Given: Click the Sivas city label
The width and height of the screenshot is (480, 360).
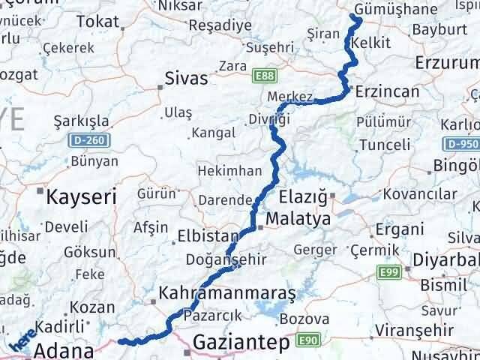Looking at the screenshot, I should click(185, 77).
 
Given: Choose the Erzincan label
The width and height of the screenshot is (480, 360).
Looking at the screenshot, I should click(387, 91).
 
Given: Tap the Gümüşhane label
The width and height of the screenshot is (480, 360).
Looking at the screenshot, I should click(387, 9).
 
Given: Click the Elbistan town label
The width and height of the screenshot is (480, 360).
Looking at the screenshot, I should click(205, 236).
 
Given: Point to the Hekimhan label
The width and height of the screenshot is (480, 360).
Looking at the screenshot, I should click(223, 172).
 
